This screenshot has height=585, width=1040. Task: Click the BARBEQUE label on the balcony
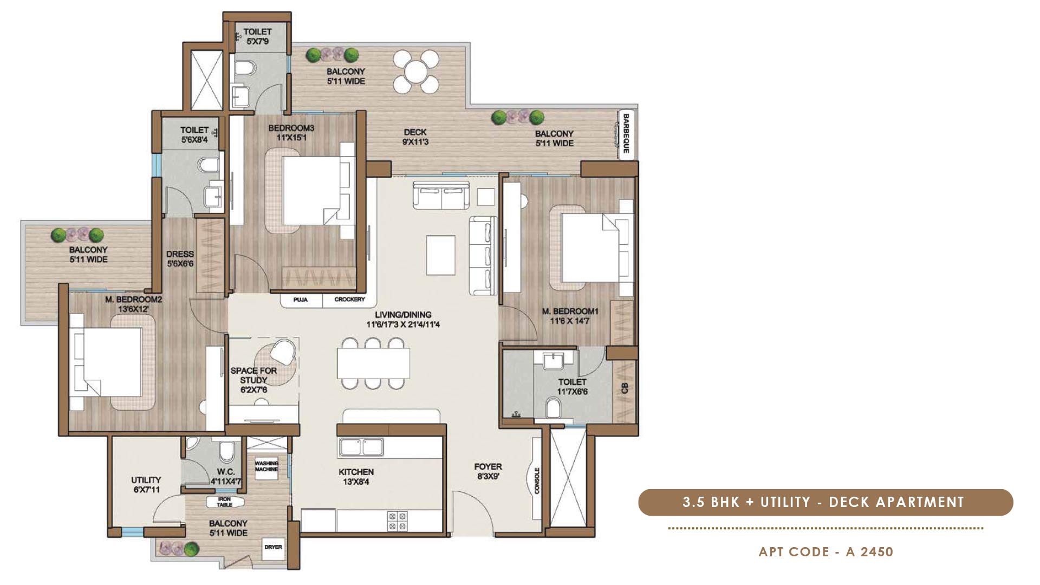click(x=626, y=133)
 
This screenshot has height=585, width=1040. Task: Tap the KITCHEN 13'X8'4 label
click(x=356, y=477)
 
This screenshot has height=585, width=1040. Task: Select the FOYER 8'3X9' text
click(x=487, y=471)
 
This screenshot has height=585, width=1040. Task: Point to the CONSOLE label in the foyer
click(x=537, y=480)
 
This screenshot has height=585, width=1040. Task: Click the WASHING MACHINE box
click(x=266, y=466)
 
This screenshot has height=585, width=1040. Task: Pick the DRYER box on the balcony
click(x=274, y=547)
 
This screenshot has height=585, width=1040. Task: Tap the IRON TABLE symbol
click(x=224, y=502)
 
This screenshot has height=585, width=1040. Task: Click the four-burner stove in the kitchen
click(x=397, y=521)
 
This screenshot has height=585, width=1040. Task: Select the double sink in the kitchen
click(x=361, y=447)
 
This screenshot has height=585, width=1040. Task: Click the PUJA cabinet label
click(x=301, y=300)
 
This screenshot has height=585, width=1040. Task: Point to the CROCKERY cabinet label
click(x=349, y=300)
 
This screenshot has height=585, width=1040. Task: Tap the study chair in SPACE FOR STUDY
click(x=283, y=352)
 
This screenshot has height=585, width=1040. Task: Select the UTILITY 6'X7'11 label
click(x=146, y=485)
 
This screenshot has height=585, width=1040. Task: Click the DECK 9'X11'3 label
click(x=415, y=137)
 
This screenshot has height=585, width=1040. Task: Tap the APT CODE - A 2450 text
click(x=825, y=552)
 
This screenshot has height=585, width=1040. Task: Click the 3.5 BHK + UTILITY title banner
click(x=825, y=502)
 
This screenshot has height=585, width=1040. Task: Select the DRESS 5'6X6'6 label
click(x=180, y=258)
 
